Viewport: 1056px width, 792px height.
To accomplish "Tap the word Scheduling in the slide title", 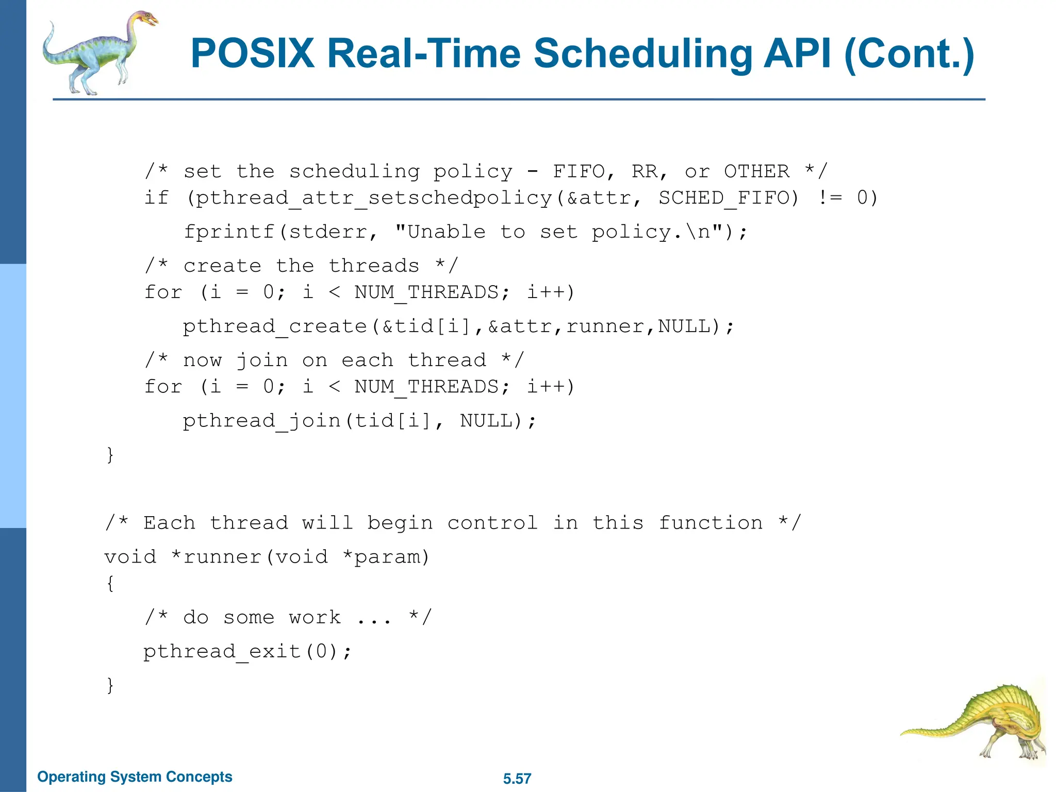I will click(x=642, y=54).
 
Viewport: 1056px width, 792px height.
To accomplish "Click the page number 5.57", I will click(x=517, y=779).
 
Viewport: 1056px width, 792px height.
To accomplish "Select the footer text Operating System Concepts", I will click(x=135, y=777).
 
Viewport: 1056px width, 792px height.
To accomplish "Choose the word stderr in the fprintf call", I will click(x=327, y=232).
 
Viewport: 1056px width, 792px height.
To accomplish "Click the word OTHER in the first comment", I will click(x=756, y=171).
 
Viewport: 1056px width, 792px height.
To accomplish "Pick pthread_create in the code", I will click(x=275, y=326).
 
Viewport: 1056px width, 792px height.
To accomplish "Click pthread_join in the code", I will click(x=261, y=420).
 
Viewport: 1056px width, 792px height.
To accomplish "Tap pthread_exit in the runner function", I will click(x=222, y=651).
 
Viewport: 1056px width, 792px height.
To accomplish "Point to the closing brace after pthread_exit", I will click(x=110, y=685).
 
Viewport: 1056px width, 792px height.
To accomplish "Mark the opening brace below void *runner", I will click(x=110, y=583).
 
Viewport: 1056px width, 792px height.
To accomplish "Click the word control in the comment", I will click(x=492, y=522).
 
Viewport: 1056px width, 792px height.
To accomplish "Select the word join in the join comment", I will click(x=261, y=360).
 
